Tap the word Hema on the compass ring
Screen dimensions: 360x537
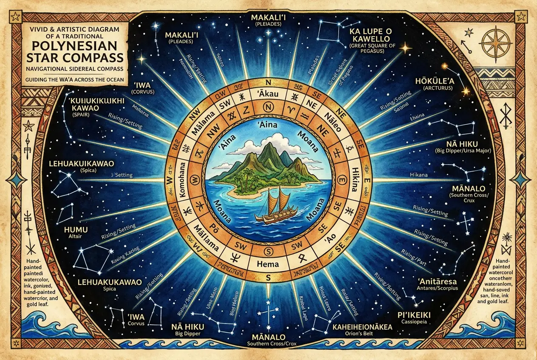pos(268,264)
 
